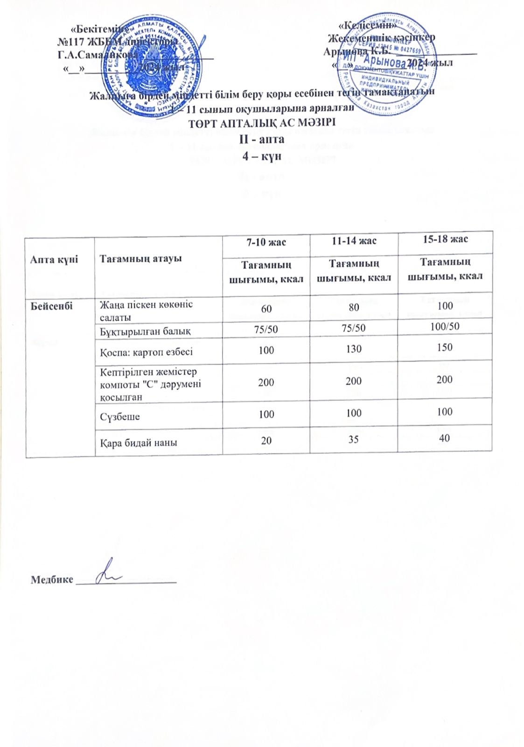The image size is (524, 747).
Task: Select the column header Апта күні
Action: coord(48,259)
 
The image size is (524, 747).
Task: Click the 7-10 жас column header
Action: coord(266,242)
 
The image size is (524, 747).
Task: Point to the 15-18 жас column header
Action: coord(445,239)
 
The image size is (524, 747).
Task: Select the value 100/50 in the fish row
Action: coord(445,326)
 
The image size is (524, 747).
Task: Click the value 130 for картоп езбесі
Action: coord(355,348)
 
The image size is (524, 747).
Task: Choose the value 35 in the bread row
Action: coord(355,439)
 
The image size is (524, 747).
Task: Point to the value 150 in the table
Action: coord(445,347)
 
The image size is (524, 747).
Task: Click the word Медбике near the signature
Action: coord(52,580)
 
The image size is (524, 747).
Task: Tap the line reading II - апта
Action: coord(262,139)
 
